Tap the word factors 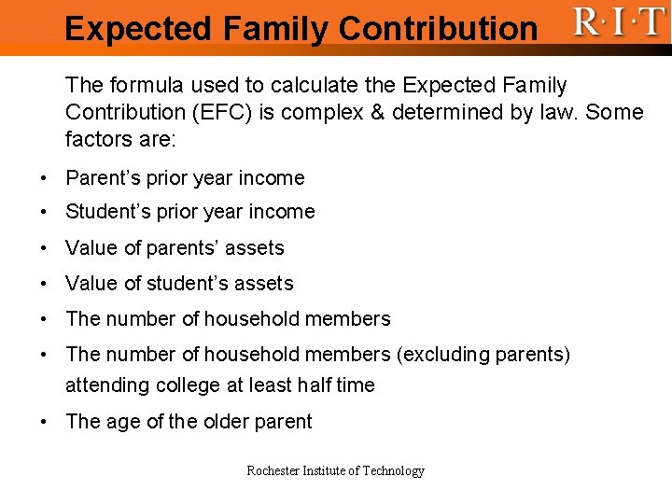coord(97,140)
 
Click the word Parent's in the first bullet coord(105,178)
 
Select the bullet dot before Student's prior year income coord(45,213)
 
